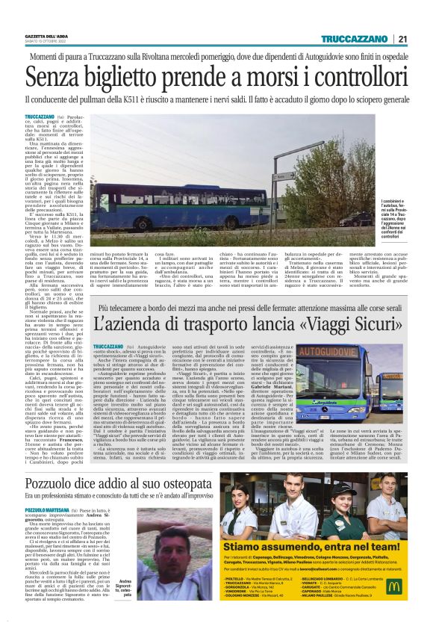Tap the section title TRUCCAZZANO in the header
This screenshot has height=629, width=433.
355,40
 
